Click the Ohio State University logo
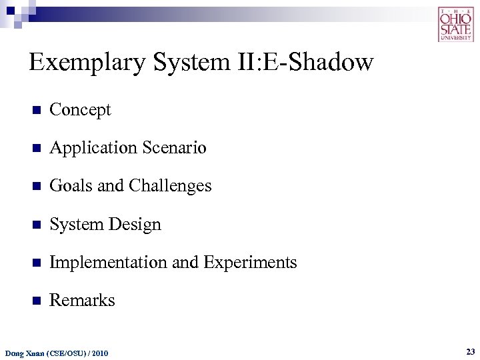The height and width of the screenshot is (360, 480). pyautogui.click(x=456, y=24)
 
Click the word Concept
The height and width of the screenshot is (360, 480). pyautogui.click(x=80, y=110)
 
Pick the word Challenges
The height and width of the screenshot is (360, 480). pyautogui.click(x=171, y=186)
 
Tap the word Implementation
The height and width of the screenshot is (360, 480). pyautogui.click(x=109, y=263)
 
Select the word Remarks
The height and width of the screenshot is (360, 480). pyautogui.click(x=82, y=301)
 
